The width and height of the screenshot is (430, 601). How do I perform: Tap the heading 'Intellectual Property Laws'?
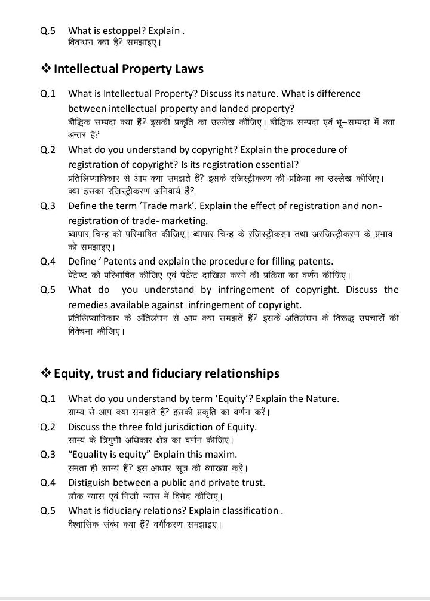pyautogui.click(x=128, y=69)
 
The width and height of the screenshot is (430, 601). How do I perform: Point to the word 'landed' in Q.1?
pyautogui.click(x=236, y=108)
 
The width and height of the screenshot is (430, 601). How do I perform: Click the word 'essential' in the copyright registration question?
pyautogui.click(x=275, y=164)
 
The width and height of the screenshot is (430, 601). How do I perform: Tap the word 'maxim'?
pyautogui.click(x=221, y=454)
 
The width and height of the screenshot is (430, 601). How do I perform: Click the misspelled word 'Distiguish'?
pyautogui.click(x=93, y=482)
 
